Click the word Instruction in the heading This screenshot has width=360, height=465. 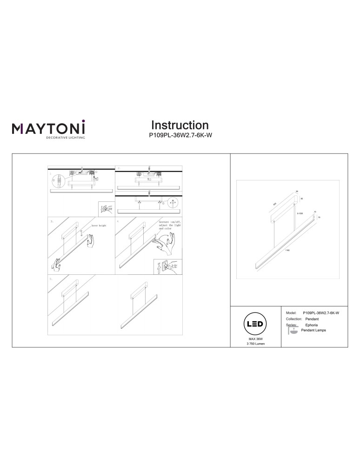180,125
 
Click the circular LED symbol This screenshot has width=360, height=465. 256,324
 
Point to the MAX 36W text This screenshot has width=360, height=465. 256,340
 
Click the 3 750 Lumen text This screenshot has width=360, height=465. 256,345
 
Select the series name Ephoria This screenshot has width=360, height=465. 312,325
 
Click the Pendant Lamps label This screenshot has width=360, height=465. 313,330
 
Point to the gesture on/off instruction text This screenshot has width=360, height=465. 169,226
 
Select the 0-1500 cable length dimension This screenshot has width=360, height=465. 300,213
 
